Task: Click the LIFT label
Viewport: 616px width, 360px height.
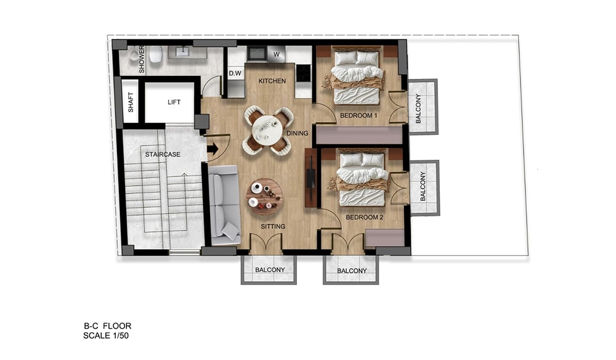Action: pyautogui.click(x=174, y=102)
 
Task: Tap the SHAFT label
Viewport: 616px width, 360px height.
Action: pyautogui.click(x=131, y=102)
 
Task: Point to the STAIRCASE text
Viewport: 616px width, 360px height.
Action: pyautogui.click(x=163, y=155)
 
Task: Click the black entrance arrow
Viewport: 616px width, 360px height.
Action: pyautogui.click(x=213, y=149)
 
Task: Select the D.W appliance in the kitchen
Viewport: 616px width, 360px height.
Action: pyautogui.click(x=235, y=73)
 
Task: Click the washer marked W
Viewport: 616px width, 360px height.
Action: pyautogui.click(x=277, y=54)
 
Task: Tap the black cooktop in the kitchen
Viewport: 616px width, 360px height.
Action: pyautogui.click(x=303, y=73)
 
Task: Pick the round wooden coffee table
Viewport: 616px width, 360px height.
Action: pyautogui.click(x=264, y=197)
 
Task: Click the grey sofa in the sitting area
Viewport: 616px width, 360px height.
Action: pyautogui.click(x=224, y=205)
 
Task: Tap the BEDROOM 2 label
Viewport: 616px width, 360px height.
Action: pyautogui.click(x=364, y=218)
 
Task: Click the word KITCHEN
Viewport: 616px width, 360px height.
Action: pyautogui.click(x=272, y=81)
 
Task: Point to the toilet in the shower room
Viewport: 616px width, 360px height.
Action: pyautogui.click(x=156, y=55)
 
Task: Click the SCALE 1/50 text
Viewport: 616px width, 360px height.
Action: pyautogui.click(x=106, y=335)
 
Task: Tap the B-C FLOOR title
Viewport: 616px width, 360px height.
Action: pyautogui.click(x=107, y=326)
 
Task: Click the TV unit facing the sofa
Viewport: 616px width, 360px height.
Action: pyautogui.click(x=310, y=178)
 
